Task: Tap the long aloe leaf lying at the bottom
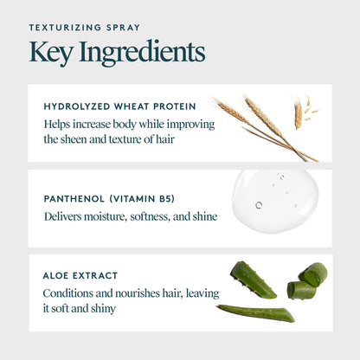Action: [x=256, y=312]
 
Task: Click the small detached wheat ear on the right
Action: [x=299, y=113]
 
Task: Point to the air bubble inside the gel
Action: [x=259, y=205]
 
